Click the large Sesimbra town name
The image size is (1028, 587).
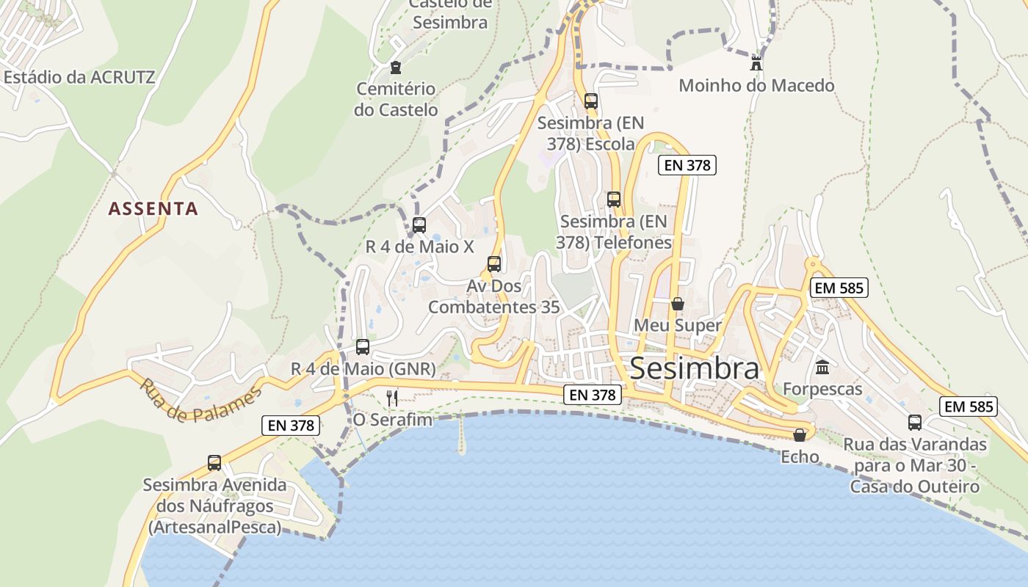[x=695, y=368]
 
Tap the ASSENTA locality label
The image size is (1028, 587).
[x=153, y=209]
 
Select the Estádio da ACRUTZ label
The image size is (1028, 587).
[x=79, y=77]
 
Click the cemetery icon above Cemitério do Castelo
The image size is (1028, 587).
[x=396, y=68]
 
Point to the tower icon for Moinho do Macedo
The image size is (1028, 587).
[x=756, y=63]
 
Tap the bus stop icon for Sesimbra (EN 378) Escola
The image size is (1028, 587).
[x=590, y=101]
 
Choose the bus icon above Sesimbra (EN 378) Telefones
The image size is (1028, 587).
[x=614, y=200]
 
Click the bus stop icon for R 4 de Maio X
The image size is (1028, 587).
[x=419, y=225]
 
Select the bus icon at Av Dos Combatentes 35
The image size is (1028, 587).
[x=494, y=264]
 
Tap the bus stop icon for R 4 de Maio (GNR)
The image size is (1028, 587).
[x=363, y=347]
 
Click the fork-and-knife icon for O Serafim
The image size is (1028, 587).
[x=392, y=398]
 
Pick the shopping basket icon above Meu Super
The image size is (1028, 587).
[x=678, y=303]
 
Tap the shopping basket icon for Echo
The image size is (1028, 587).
[x=800, y=436]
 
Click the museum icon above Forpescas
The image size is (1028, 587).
[x=822, y=367]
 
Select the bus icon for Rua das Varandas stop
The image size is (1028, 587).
[x=915, y=423]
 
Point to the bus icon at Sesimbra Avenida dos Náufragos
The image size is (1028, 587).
[x=214, y=463]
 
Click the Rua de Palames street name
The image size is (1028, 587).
[x=200, y=401]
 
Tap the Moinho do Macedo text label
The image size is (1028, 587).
[x=756, y=86]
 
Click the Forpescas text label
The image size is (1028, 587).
[x=822, y=389]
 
